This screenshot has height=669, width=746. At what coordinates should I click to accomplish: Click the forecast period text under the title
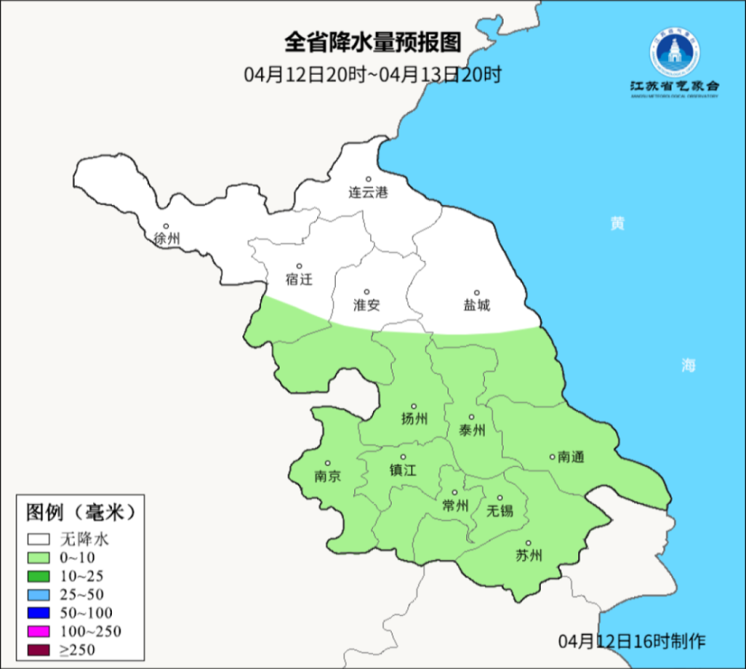(372, 75)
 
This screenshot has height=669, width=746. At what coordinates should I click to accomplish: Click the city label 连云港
(369, 192)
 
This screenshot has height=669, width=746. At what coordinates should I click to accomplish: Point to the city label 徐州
(166, 239)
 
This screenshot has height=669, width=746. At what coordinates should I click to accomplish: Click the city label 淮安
(366, 304)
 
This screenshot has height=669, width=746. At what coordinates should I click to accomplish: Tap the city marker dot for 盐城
(477, 292)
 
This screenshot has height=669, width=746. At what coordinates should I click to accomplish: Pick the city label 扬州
(414, 418)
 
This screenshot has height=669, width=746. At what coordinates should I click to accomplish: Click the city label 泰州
(471, 430)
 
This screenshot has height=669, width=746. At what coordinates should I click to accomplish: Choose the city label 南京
(327, 476)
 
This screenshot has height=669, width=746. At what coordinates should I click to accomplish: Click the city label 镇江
(403, 470)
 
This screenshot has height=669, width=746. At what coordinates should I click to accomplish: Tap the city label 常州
(454, 506)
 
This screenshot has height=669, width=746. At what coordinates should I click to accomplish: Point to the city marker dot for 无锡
(501, 497)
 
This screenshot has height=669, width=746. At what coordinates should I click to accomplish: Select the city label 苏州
(528, 556)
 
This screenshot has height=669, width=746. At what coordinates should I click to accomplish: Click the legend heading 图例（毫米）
(80, 512)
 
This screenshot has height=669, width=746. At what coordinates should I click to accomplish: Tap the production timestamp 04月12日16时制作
(631, 641)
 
